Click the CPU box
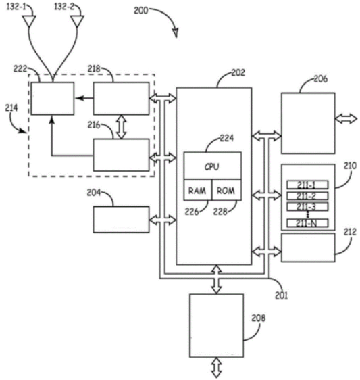point(213,166)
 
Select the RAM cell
point(198,190)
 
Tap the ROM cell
point(226,190)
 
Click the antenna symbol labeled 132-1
point(29,21)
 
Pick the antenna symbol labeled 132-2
point(77,21)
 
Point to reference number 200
point(141,10)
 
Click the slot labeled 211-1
point(307,185)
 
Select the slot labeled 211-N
point(307,223)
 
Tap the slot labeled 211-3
point(307,206)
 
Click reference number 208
point(258,318)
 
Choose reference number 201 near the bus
point(282,295)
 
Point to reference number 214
point(11,108)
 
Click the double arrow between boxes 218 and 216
point(122,126)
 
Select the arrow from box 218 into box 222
point(84,98)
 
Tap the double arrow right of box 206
point(346,119)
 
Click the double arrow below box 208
point(216,367)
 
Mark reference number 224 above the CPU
point(227,138)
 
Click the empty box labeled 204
point(122,220)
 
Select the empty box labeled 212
point(308,247)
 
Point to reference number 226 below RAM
point(192,212)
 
